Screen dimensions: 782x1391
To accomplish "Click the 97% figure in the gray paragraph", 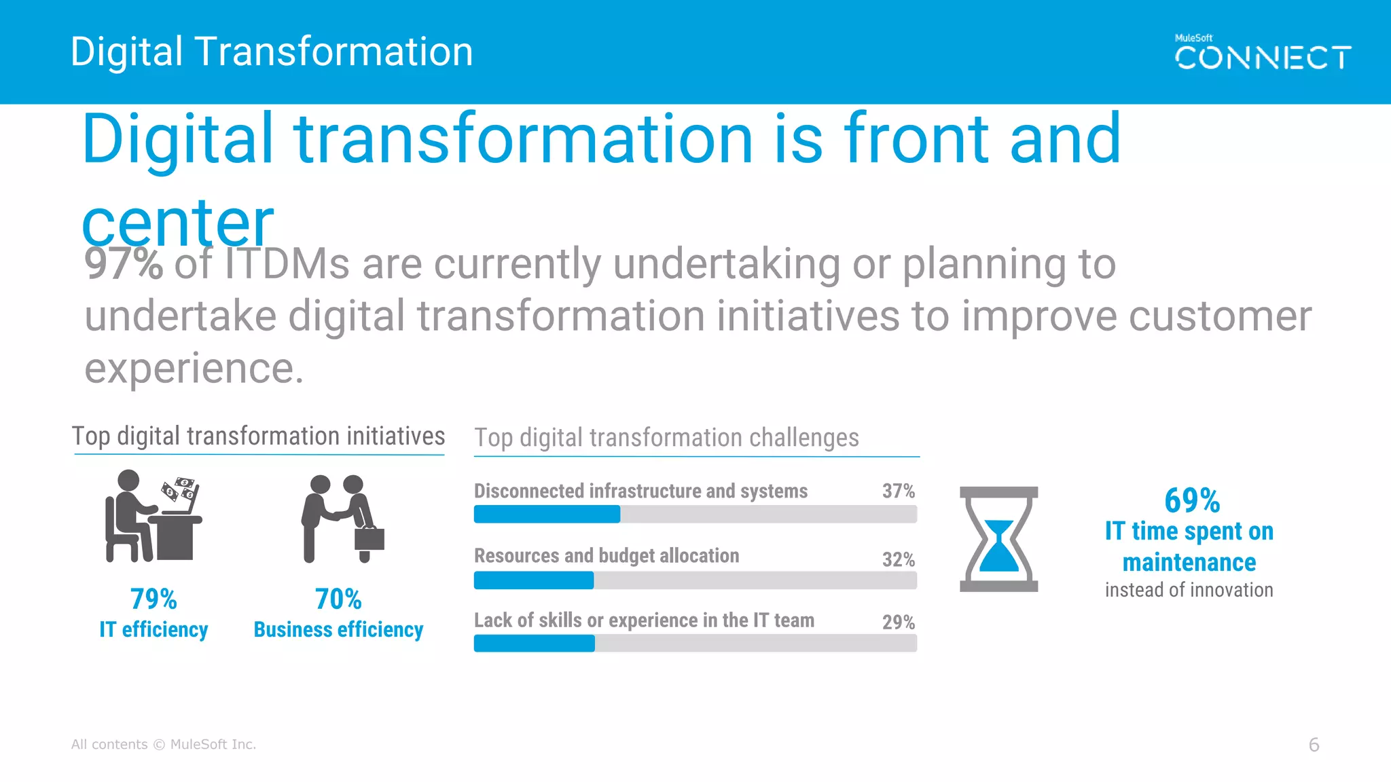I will coord(123,264).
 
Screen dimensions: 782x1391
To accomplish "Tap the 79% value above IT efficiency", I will coord(153,599).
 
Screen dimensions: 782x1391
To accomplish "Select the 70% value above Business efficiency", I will coord(338,599).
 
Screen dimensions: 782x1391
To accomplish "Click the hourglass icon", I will coord(998,539).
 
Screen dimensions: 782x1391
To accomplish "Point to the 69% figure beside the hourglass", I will coord(1191,501).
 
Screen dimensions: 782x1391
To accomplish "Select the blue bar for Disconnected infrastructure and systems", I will coord(547,515).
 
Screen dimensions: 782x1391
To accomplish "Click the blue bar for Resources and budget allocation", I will coord(534,580).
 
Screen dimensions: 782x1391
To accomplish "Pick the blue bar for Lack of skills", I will coord(535,644).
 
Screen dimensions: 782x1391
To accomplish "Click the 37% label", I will coord(898,491).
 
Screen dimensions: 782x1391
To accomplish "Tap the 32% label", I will coord(898,560).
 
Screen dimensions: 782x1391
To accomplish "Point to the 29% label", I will coord(898,622).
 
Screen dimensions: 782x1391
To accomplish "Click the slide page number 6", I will coord(1314,745).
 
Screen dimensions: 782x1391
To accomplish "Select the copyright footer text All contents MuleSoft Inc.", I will coord(164,745).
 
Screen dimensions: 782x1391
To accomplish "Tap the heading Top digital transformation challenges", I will coord(666,439).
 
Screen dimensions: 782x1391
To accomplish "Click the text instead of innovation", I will coord(1189,591).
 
